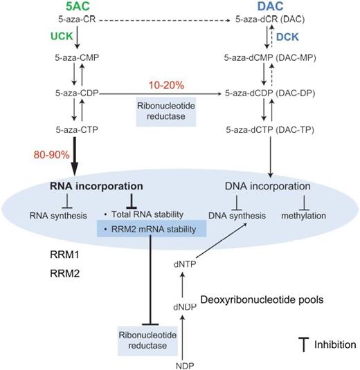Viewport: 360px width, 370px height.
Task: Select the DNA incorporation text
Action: pos(265,187)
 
